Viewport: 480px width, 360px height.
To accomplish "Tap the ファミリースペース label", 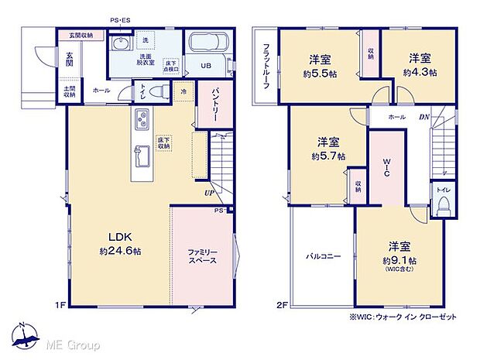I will point(201,256).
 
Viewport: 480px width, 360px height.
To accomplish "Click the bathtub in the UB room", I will point(206,44).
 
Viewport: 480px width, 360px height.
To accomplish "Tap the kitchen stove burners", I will point(143,119).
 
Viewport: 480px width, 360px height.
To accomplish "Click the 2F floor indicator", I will point(283,305).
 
